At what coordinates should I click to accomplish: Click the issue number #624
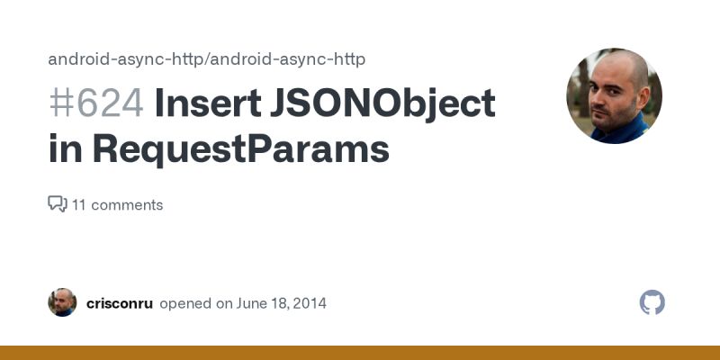coord(95,104)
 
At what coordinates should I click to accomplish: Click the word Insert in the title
coord(207,104)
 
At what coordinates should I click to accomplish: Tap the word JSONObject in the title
coord(382,104)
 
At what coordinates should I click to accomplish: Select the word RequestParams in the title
coord(240,148)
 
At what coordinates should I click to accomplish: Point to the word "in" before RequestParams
coord(65,148)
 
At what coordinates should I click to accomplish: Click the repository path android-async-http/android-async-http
coord(206,59)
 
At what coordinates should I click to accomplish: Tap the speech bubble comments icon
coord(58,204)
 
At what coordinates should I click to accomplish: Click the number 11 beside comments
coord(79,204)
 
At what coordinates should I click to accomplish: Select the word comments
coord(127,204)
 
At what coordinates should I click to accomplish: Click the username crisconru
coord(119,303)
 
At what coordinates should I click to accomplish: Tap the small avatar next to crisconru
coord(62,302)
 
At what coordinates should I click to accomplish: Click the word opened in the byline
coord(184,303)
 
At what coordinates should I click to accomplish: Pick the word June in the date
coord(249,303)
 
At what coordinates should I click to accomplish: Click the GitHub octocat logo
coord(652,302)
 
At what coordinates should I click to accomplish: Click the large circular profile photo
coord(614,95)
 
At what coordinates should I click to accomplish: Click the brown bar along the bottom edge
coord(360,353)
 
